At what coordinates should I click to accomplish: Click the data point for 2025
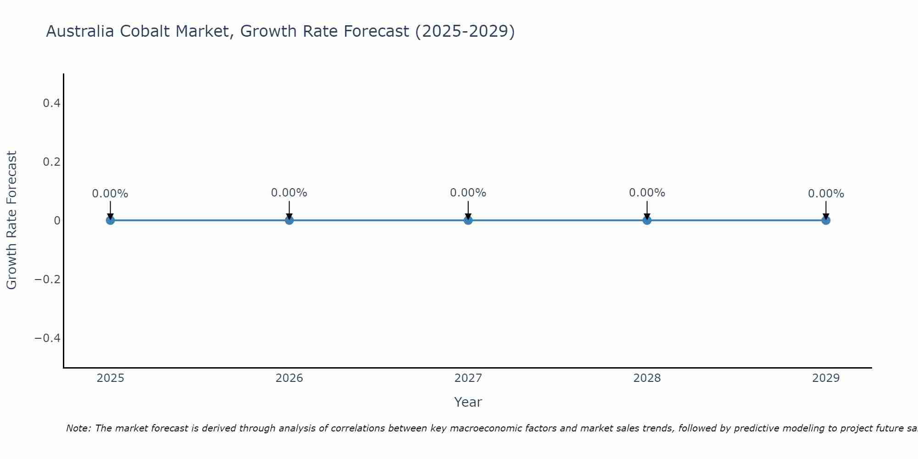pos(110,220)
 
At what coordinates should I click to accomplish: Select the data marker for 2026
pos(289,220)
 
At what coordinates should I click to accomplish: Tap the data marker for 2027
pos(468,220)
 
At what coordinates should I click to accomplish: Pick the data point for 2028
pos(647,220)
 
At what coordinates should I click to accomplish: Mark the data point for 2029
pos(826,220)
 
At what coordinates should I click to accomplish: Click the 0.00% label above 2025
pos(110,194)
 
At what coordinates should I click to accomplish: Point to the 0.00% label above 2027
pos(468,193)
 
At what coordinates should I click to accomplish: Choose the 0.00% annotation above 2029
pos(826,194)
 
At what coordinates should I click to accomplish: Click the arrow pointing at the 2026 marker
pos(289,209)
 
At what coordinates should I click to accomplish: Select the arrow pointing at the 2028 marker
pos(647,209)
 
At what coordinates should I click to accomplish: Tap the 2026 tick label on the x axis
pos(289,378)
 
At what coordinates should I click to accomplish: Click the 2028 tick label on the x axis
pos(647,378)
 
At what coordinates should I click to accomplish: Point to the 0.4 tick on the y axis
pos(51,103)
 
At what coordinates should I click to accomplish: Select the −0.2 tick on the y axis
pos(48,280)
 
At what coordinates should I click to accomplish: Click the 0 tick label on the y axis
pos(57,221)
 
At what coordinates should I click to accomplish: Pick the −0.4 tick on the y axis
pos(48,338)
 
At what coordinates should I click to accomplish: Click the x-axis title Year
pos(468,402)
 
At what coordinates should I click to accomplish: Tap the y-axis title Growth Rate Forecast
pos(11,220)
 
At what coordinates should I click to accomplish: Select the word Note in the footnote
pos(78,428)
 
